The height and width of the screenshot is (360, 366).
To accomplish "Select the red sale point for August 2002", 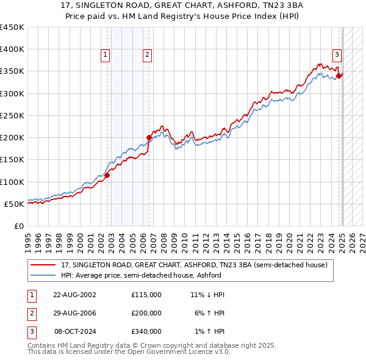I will click(x=107, y=175).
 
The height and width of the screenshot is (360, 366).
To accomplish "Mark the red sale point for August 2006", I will click(x=149, y=138).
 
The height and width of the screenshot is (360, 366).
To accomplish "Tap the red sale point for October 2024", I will click(x=339, y=76).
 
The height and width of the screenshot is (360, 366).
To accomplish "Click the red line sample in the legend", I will click(x=42, y=265).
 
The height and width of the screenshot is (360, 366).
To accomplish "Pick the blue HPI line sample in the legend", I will click(x=42, y=275).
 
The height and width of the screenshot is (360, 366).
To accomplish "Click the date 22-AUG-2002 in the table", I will click(x=75, y=295).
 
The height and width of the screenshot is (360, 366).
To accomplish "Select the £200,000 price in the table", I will click(x=146, y=313).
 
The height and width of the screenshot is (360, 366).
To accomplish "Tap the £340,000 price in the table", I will click(x=146, y=331).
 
